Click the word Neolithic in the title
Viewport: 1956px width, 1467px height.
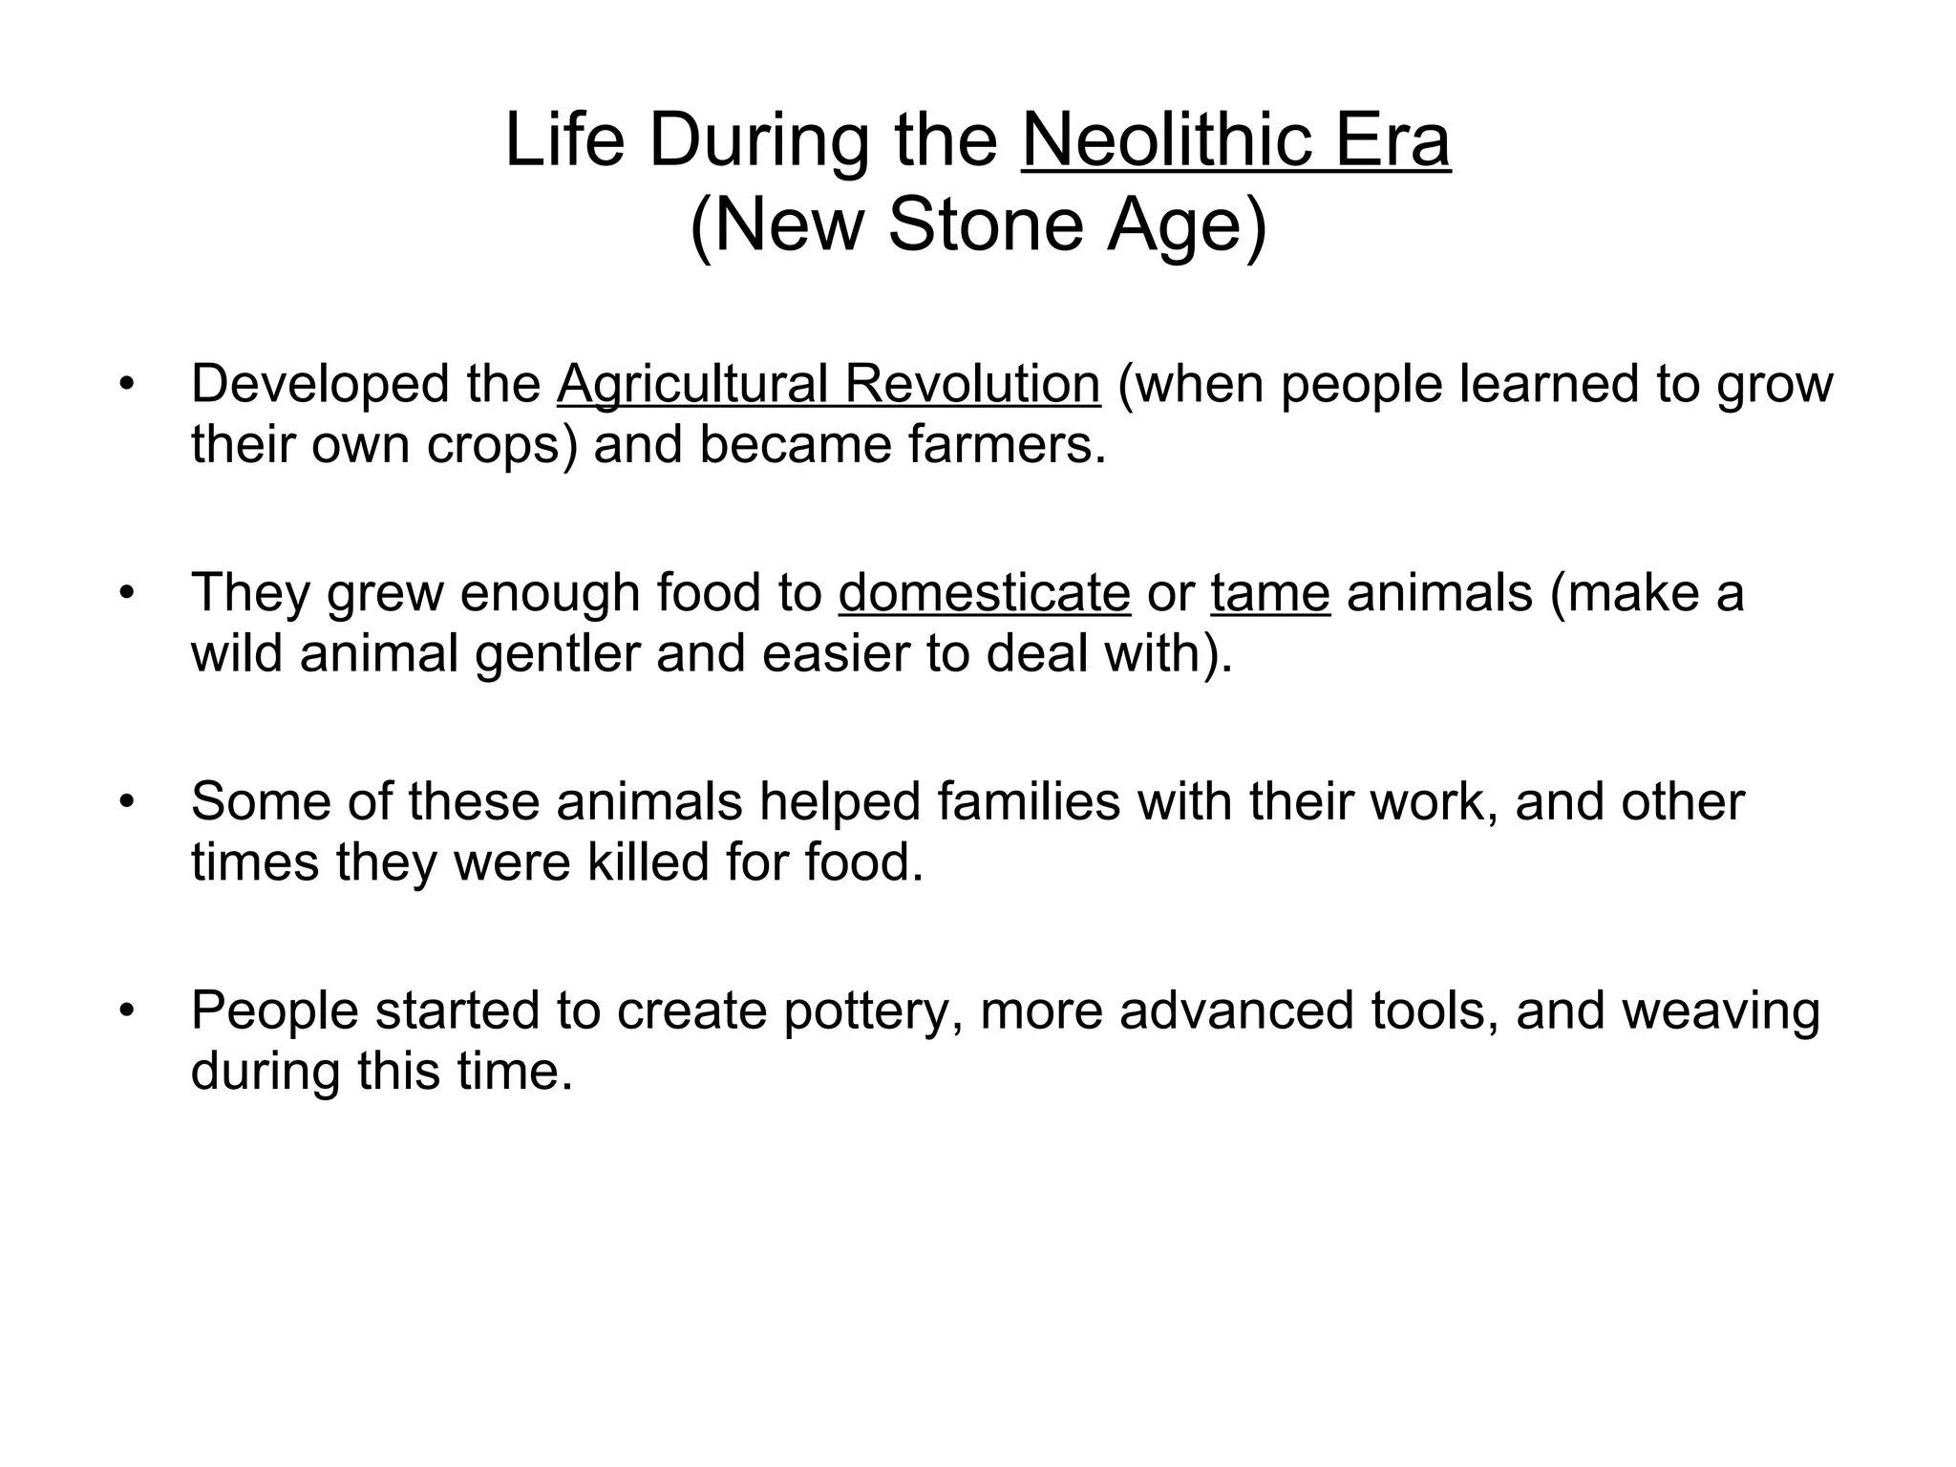(x=1167, y=140)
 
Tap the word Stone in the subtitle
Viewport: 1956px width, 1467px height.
(x=988, y=225)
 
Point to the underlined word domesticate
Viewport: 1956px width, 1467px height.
(x=985, y=592)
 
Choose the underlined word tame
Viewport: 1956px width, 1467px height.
(x=1270, y=592)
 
